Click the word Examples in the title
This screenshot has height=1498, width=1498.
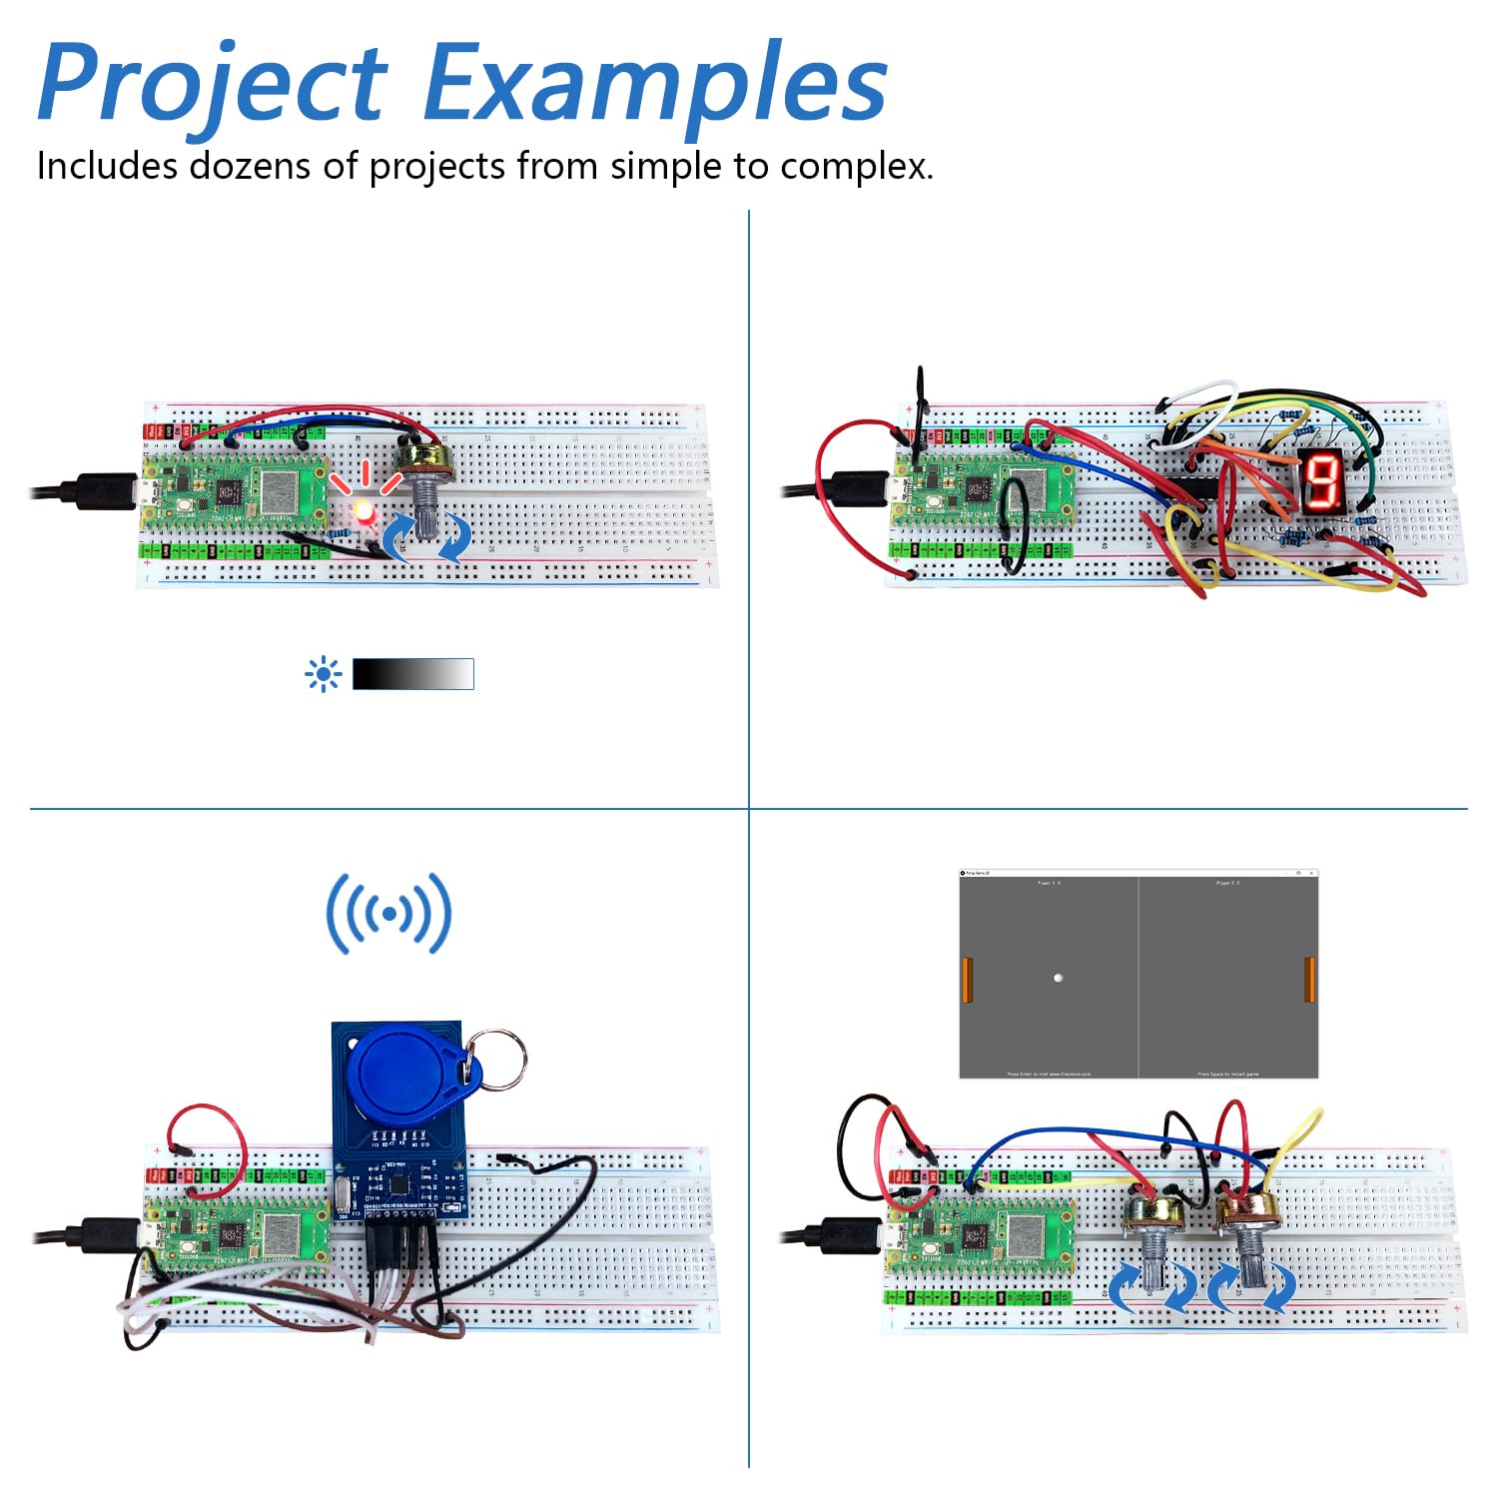point(654,85)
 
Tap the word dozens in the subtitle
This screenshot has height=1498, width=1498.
point(250,166)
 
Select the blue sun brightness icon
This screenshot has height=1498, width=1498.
point(323,675)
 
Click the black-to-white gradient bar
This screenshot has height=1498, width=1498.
point(412,674)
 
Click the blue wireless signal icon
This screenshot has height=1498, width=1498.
point(388,913)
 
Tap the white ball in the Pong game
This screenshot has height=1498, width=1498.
point(1058,978)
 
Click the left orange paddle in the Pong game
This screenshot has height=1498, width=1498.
point(967,980)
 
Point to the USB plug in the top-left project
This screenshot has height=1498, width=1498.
point(100,491)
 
